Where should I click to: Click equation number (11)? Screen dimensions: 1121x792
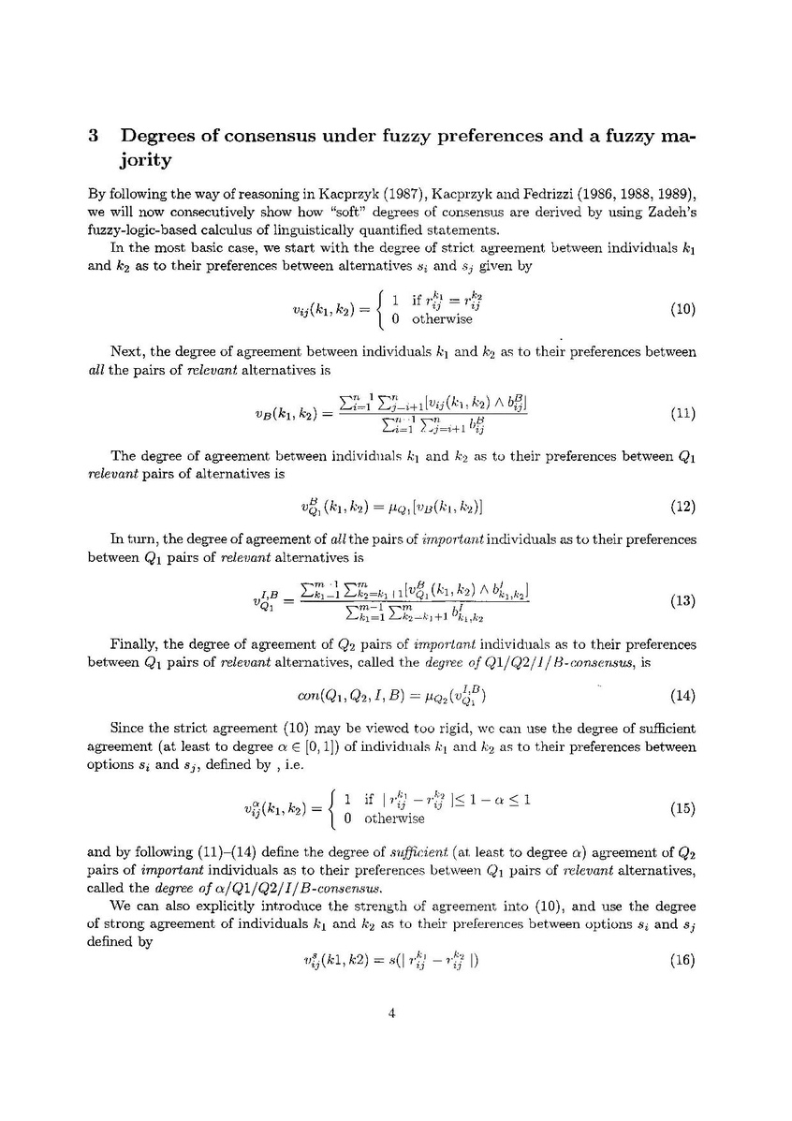683,412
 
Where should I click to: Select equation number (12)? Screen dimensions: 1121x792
683,508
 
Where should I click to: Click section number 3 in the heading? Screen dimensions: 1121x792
94,136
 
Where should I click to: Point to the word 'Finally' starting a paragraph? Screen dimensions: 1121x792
132,645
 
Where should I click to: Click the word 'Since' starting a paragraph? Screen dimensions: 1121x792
128,729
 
